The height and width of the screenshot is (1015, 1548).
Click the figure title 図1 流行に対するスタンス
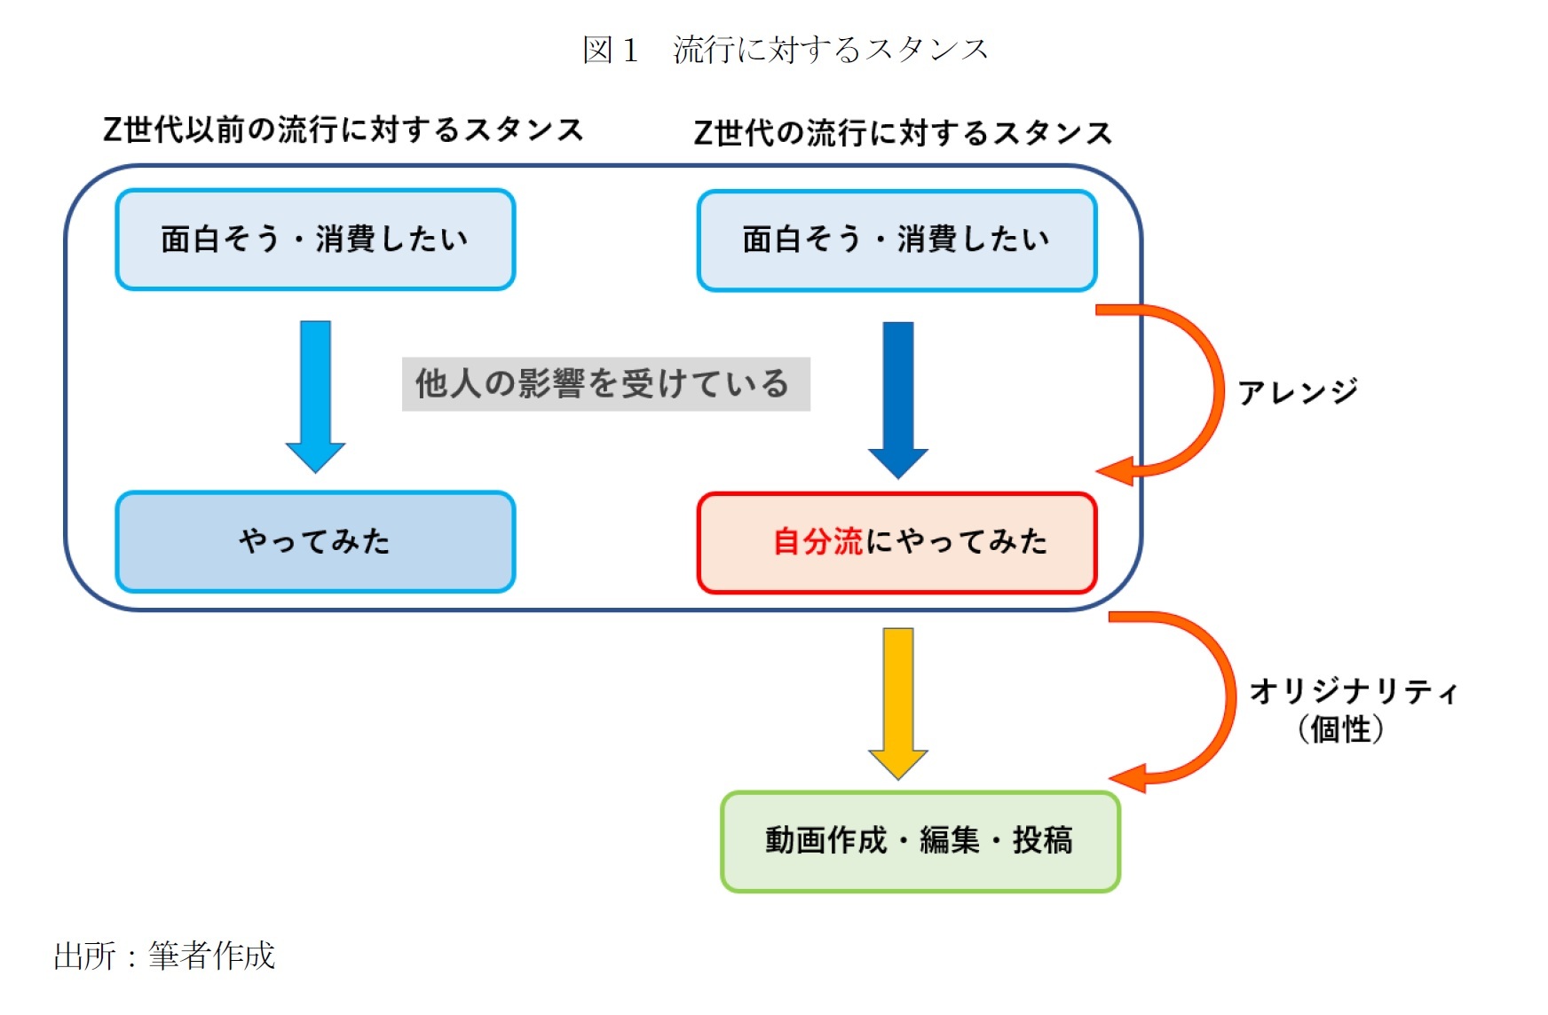point(785,50)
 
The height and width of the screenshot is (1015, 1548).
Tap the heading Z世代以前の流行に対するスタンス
point(344,130)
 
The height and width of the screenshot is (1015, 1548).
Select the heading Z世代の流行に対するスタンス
point(902,133)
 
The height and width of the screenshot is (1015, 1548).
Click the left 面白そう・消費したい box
point(315,240)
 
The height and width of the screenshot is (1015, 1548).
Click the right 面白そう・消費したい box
point(896,240)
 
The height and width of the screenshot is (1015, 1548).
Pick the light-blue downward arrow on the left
point(315,395)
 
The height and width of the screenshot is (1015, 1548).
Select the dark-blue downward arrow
point(898,399)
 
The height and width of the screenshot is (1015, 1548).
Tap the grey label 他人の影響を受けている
point(605,384)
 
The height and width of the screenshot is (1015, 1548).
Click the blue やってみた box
point(315,541)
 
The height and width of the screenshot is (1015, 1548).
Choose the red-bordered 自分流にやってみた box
point(896,542)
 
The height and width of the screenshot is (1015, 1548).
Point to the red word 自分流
point(817,541)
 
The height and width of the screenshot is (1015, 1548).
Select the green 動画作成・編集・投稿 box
point(920,840)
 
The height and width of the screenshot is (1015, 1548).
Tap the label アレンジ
point(1297,391)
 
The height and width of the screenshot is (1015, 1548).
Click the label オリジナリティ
point(1353,691)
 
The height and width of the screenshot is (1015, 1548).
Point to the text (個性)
point(1339,730)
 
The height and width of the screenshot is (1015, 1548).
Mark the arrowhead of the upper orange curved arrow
point(1117,471)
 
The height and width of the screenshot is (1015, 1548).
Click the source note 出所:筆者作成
point(164,956)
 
